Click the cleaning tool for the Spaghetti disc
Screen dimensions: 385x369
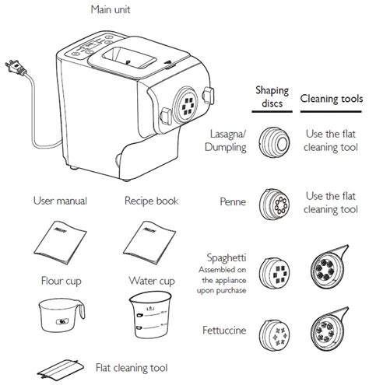pos(327,268)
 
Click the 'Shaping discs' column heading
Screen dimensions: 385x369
pos(272,97)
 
